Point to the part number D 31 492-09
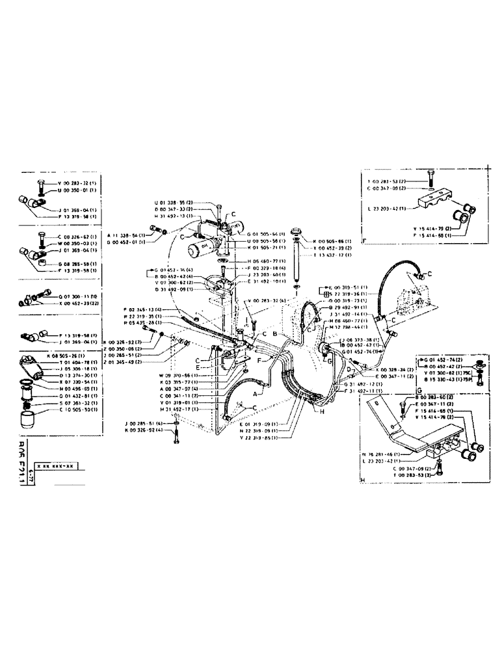[x=171, y=289]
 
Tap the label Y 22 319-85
[x=258, y=437]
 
